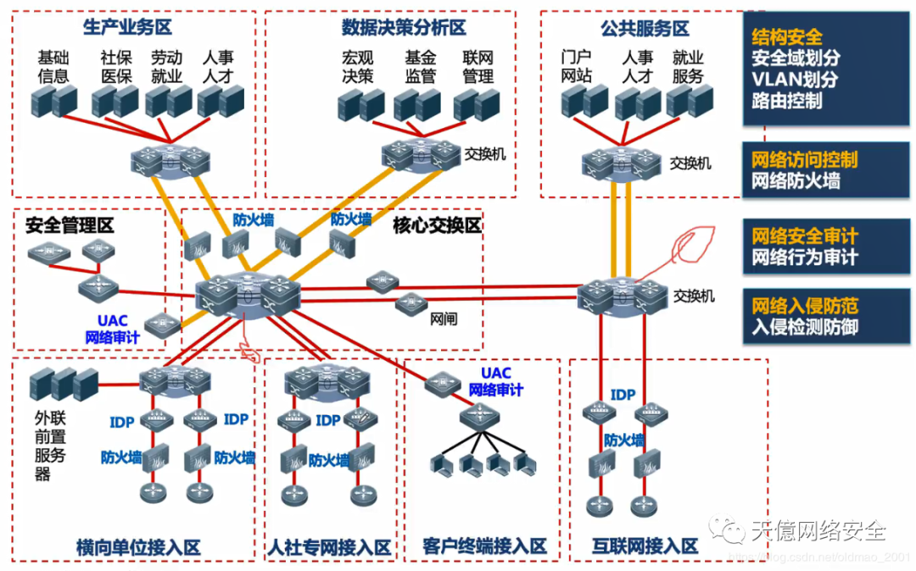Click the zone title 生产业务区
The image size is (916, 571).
128,27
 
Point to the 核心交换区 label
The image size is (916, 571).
437,225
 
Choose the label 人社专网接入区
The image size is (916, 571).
329,547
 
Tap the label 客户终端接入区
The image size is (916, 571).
484,546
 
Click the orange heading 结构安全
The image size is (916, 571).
786,37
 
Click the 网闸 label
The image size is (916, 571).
444,319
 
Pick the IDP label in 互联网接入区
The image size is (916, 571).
623,395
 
